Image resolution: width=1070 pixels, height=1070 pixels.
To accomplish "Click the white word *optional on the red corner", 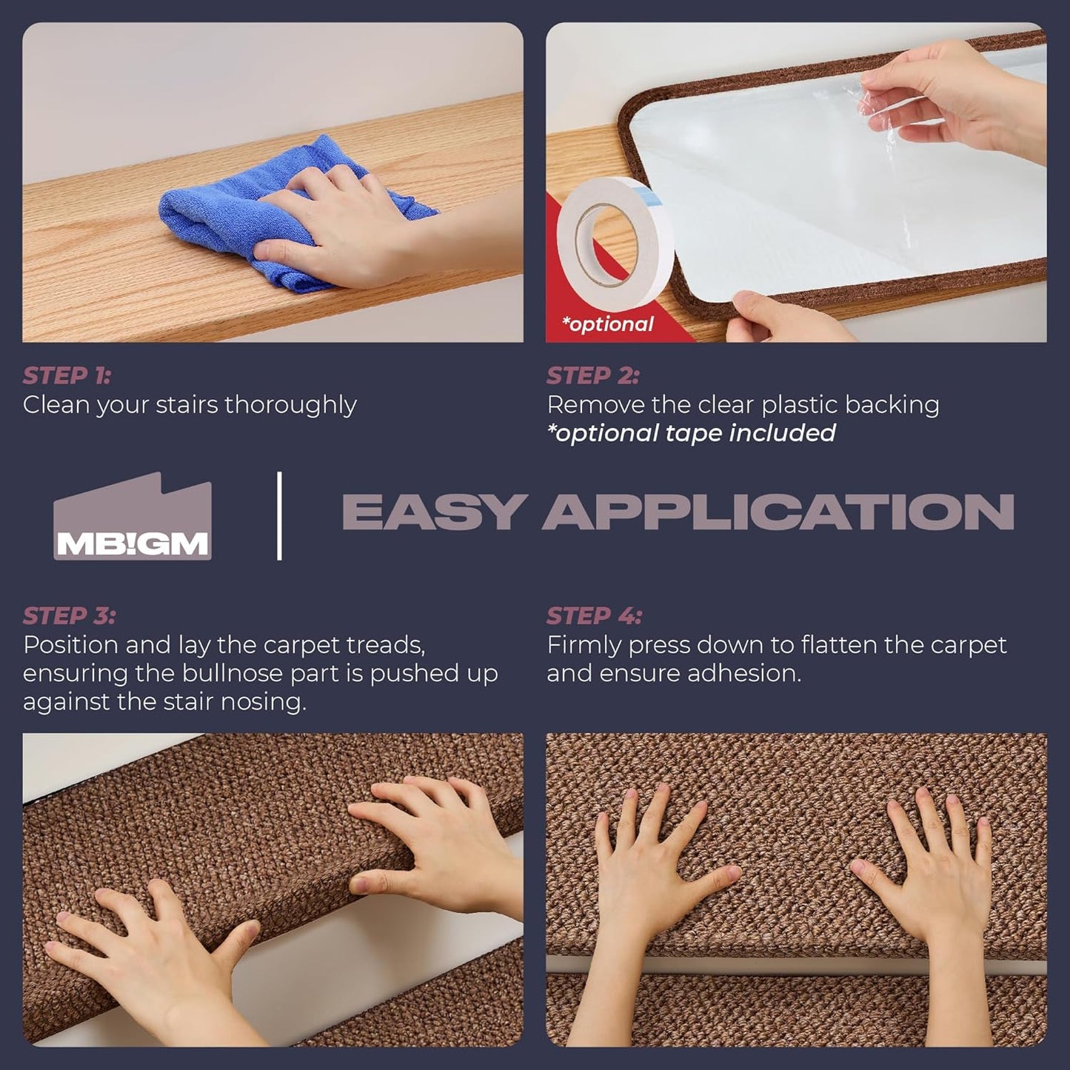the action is click(607, 324).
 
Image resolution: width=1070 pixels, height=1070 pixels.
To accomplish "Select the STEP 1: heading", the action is click(67, 376).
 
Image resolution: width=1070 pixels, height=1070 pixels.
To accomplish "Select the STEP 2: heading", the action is click(592, 376).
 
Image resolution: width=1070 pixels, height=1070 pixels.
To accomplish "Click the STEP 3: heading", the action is click(70, 616).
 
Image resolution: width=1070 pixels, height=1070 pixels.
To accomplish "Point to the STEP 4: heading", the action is click(594, 616).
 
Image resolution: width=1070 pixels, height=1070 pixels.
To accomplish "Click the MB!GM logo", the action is click(133, 516).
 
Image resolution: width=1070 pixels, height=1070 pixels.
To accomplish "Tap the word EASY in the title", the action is click(434, 512).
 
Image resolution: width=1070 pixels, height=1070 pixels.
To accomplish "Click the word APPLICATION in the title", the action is click(778, 512).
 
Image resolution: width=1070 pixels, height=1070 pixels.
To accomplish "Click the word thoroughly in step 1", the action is click(290, 406).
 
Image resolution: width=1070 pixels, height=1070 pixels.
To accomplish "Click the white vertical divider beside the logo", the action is click(279, 516).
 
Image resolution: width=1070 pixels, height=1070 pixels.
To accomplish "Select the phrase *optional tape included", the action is click(692, 434).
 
